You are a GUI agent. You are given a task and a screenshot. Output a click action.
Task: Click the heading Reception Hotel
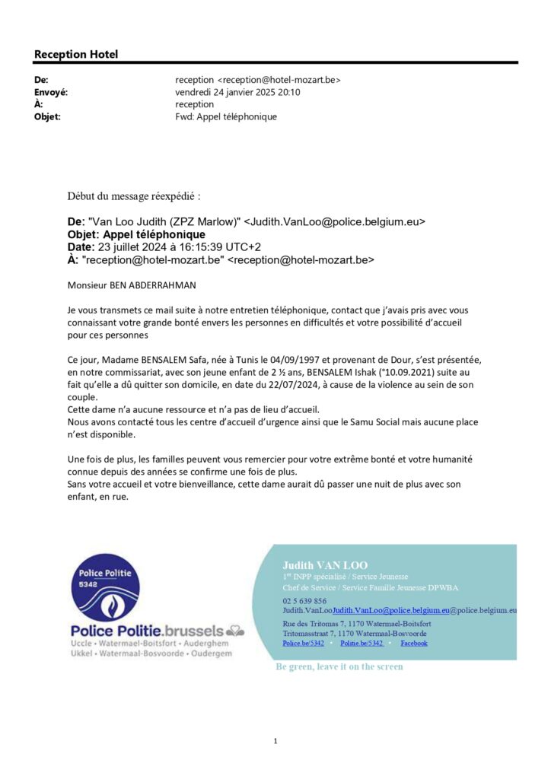[x=76, y=54]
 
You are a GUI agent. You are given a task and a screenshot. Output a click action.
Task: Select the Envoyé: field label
[x=51, y=92]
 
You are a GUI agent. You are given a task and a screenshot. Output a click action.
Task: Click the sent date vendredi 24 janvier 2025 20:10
[x=237, y=92]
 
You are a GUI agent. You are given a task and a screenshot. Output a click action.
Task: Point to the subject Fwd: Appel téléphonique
[x=226, y=116]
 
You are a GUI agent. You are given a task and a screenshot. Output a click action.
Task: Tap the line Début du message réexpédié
[x=134, y=196]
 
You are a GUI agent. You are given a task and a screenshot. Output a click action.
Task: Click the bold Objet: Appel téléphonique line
[x=136, y=234]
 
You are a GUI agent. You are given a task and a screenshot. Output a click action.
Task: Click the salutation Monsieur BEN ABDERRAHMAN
[x=132, y=286]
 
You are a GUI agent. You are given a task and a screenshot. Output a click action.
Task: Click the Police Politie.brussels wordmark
[x=148, y=631]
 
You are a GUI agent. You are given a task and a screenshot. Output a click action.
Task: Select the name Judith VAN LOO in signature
[x=325, y=565]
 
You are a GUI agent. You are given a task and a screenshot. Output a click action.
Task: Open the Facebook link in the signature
[x=413, y=643]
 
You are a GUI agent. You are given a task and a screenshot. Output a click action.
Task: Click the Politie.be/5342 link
[x=361, y=643]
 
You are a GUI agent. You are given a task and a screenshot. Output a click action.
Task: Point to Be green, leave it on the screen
[x=339, y=666]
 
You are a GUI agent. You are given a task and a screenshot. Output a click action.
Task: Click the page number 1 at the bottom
[x=275, y=740]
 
